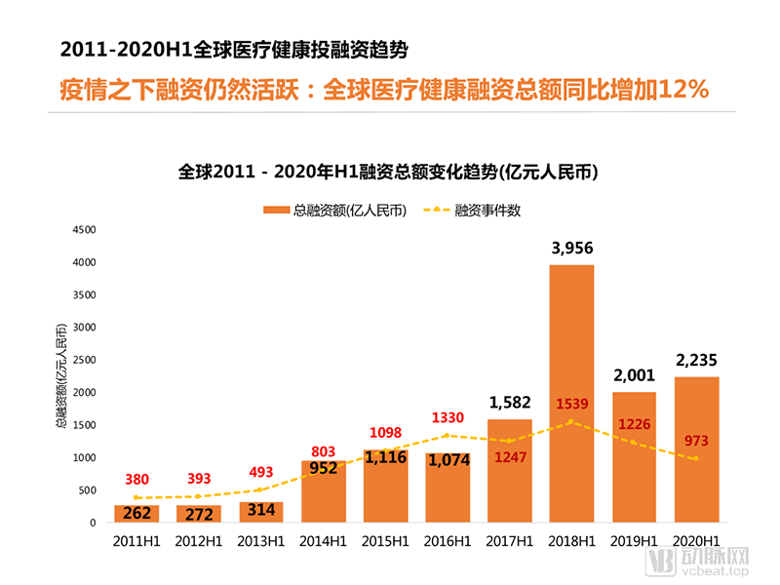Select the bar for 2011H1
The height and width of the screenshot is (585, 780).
click(x=136, y=514)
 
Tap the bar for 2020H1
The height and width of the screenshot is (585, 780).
click(x=696, y=449)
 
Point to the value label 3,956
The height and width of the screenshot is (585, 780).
click(x=571, y=249)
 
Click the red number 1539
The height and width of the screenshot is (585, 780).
click(x=571, y=403)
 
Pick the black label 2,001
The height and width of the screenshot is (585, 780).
click(x=634, y=375)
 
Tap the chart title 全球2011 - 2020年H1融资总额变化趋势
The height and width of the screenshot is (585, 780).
click(x=388, y=173)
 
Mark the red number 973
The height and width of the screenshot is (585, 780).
click(x=696, y=441)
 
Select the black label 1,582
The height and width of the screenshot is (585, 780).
click(x=509, y=402)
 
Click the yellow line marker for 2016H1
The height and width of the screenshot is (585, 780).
click(x=448, y=435)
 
